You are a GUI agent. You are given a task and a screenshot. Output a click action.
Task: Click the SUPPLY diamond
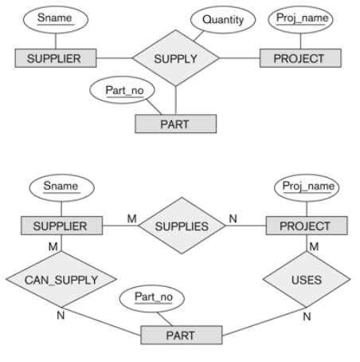point(176,58)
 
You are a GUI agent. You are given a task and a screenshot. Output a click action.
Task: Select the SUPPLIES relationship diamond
point(182,226)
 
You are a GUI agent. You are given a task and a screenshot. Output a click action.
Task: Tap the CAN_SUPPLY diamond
point(61,279)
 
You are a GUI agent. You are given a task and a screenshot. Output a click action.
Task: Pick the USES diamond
point(307,279)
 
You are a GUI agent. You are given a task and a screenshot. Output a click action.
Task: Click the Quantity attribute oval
point(223,20)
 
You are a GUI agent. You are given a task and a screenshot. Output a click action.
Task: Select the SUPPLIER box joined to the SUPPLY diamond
point(56,58)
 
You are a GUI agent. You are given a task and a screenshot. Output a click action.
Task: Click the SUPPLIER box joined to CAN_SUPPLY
point(61,226)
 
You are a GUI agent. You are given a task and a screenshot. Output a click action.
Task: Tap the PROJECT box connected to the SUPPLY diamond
point(300,58)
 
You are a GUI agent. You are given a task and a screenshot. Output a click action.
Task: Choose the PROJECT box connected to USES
point(307,226)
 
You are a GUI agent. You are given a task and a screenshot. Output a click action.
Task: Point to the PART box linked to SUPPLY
point(176,124)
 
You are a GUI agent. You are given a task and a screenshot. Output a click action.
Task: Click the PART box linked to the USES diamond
point(182,335)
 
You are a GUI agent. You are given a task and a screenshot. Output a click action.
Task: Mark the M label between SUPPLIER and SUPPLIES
point(132,218)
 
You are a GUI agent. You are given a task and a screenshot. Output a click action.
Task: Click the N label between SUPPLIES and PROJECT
point(233,218)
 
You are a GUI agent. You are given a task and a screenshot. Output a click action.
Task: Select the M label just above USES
point(314,246)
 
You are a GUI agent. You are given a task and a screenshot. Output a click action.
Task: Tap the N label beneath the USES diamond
point(307,317)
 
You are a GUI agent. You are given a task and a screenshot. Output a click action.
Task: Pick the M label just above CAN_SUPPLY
point(53,246)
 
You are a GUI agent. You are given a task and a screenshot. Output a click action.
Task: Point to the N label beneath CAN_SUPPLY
point(61,316)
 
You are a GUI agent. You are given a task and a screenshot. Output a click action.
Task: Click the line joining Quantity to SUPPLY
point(199,36)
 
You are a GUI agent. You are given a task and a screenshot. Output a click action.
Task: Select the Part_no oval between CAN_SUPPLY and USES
point(152,298)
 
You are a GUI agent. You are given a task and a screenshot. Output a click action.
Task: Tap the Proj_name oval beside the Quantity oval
point(300,20)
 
